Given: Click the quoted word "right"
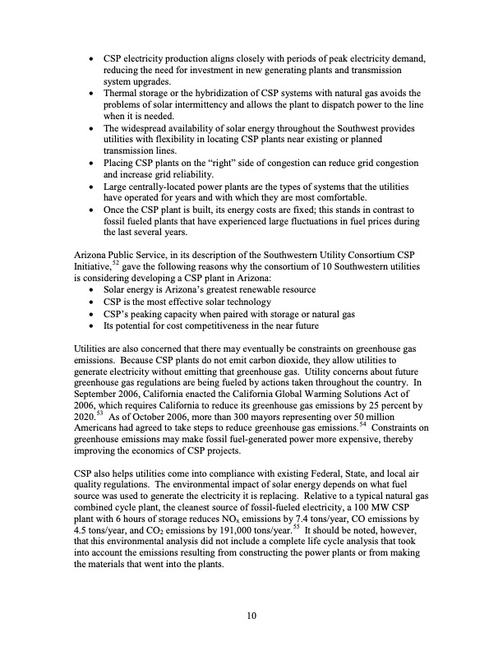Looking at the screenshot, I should [238, 163].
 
